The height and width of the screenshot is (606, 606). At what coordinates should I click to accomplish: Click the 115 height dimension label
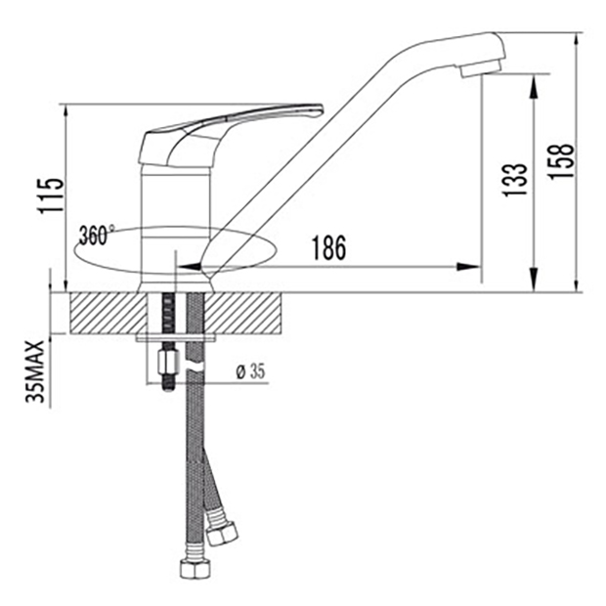tap(51, 195)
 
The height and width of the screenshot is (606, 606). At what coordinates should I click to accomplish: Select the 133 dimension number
tap(514, 180)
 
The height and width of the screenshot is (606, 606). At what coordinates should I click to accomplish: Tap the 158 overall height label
tap(561, 160)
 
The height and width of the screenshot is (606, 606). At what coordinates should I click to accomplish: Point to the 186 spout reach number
tap(328, 247)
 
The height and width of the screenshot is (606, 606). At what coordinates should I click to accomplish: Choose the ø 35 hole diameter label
tap(251, 371)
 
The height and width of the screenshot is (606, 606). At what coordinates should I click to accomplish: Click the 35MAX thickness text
tap(35, 371)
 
